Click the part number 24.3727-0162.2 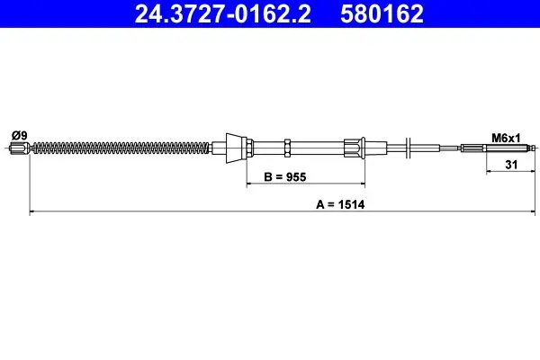pos(223,13)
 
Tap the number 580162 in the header pos(382,13)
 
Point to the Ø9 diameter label pos(20,135)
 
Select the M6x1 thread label pos(506,139)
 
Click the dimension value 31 pos(511,165)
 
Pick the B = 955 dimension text pos(284,176)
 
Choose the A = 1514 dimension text pos(340,204)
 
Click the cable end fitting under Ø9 pos(19,148)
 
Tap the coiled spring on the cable pos(121,148)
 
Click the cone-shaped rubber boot pos(234,148)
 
